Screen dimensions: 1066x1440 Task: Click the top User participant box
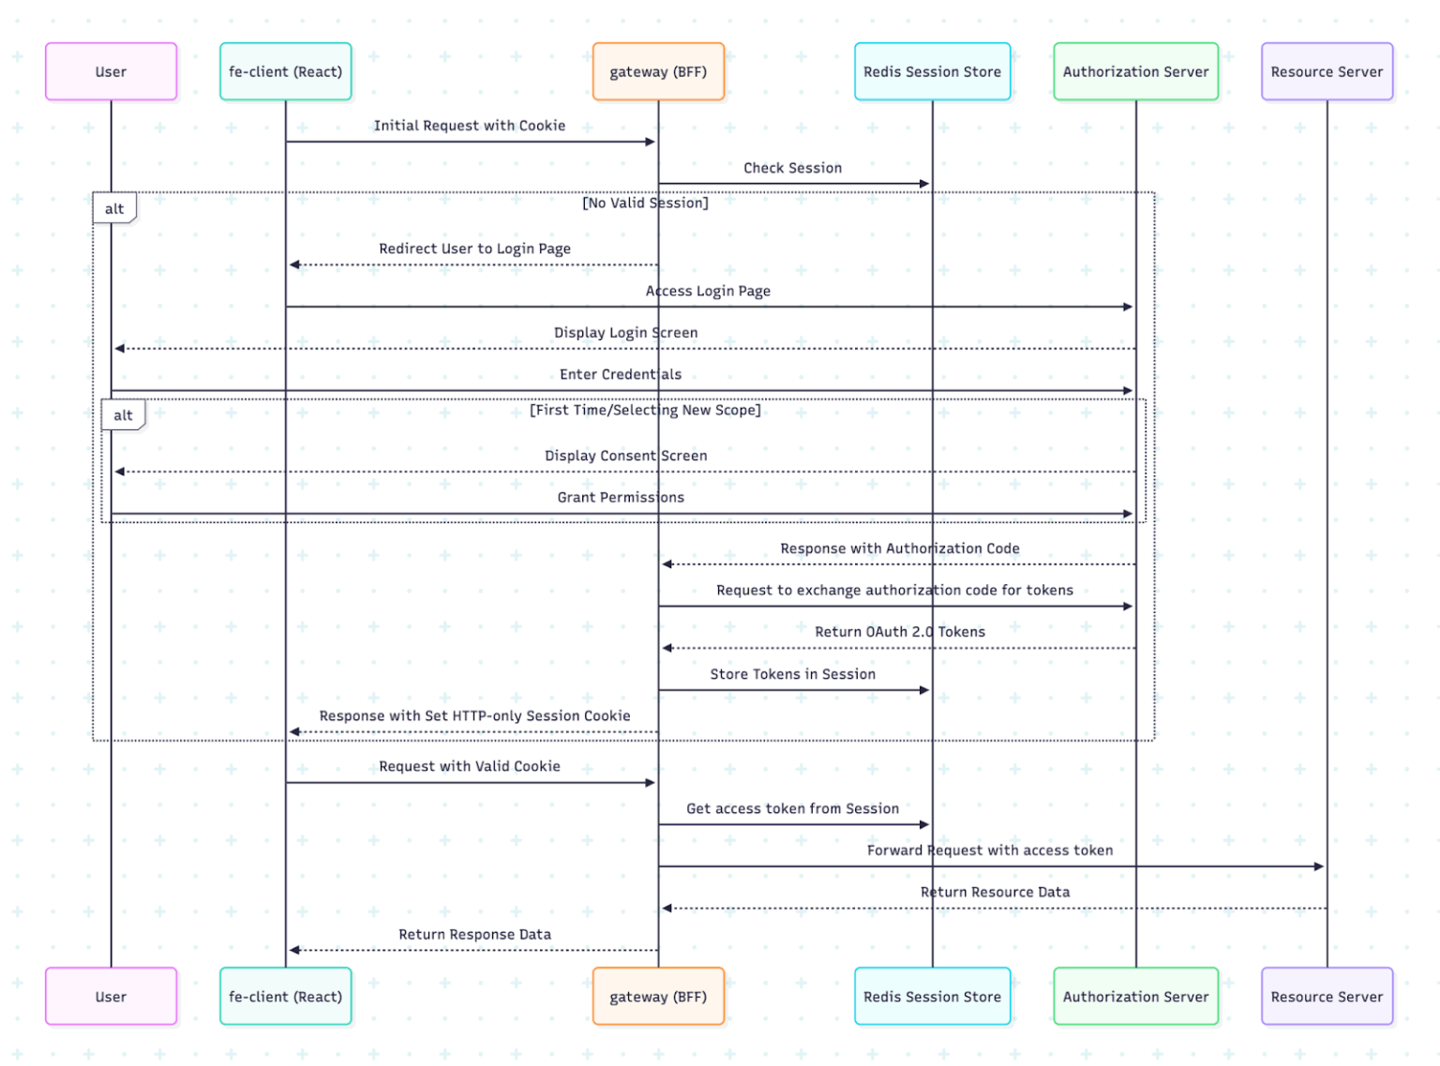coord(111,71)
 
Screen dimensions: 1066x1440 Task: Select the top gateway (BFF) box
coord(658,71)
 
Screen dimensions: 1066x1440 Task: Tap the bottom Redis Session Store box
coord(932,997)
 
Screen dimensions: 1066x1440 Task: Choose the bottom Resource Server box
coord(1327,997)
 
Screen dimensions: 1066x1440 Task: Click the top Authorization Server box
coord(1135,71)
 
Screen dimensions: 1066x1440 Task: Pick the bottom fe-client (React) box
coord(285,997)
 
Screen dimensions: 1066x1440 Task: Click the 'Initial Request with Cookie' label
coord(470,126)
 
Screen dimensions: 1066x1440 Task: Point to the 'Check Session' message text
coord(792,168)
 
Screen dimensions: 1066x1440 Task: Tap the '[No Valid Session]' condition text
coord(645,203)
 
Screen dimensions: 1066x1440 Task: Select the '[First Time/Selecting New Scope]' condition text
coord(645,410)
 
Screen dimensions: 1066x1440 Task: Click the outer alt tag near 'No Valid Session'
coord(114,208)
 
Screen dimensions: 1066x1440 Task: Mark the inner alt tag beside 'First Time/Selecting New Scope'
coord(123,415)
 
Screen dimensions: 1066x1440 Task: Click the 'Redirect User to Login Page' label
coord(474,248)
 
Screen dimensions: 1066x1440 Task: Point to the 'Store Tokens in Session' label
coord(792,674)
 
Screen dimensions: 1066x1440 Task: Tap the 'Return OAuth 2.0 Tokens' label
coord(900,632)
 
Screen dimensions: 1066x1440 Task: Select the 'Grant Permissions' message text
coord(621,497)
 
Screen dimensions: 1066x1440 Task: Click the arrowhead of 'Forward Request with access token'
coord(1318,866)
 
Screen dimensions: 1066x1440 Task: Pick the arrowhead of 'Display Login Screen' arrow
coord(120,349)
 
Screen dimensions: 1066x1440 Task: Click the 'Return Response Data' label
coord(474,934)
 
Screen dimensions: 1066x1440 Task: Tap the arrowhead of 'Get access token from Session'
coord(924,825)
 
